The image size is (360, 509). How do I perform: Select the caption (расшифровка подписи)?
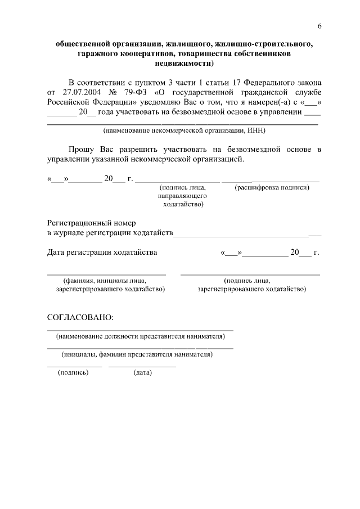coord(272,187)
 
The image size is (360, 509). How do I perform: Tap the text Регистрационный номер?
coord(91,223)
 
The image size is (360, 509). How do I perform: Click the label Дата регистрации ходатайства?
coord(102,253)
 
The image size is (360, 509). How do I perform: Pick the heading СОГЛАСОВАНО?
coord(80,317)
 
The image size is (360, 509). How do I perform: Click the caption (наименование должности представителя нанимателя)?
coord(140,336)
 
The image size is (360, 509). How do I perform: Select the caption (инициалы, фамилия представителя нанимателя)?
coord(137,355)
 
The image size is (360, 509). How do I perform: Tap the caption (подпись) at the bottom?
coord(74,373)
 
